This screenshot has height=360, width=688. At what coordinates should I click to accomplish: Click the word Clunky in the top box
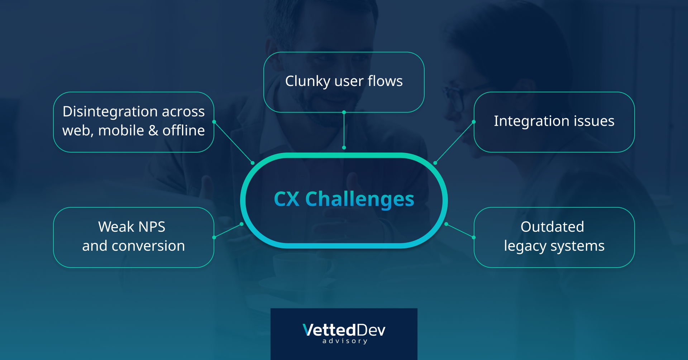307,82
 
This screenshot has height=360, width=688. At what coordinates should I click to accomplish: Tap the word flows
385,81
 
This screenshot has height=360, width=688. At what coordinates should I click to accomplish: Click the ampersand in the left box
153,130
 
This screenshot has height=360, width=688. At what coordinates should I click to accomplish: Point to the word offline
183,130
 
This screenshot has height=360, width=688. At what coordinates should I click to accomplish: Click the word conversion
148,246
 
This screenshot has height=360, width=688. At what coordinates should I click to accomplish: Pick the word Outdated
552,227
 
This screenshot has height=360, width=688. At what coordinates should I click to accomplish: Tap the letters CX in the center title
286,199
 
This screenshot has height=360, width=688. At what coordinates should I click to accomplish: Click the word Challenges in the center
359,200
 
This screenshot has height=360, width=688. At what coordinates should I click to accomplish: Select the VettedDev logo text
344,330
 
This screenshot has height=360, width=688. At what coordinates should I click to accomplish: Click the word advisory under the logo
345,341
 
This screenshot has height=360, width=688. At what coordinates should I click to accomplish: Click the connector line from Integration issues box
454,142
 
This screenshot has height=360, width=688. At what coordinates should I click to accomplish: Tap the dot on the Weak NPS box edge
214,237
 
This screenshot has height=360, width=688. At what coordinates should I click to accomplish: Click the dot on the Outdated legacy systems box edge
474,237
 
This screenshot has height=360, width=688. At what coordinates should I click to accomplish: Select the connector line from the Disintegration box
233,142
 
